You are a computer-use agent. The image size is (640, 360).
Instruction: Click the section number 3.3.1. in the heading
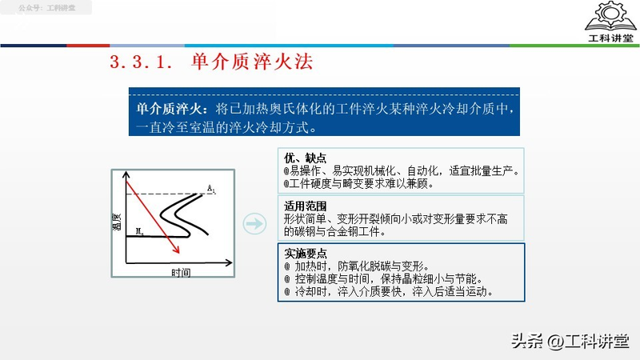[141, 62]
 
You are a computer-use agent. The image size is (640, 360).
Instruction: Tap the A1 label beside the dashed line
[211, 189]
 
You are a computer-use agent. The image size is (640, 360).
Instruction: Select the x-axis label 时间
[181, 273]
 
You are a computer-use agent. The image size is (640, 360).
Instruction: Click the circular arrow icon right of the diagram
[254, 224]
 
